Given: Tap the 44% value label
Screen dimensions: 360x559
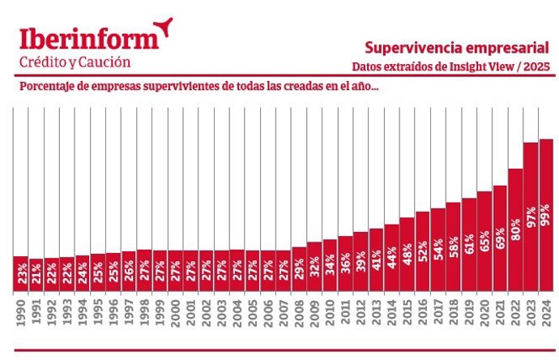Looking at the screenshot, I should [391, 255].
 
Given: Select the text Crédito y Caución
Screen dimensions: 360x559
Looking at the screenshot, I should [75, 62].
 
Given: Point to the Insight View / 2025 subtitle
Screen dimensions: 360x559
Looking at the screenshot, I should [495, 66].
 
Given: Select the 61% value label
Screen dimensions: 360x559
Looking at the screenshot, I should [468, 244].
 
